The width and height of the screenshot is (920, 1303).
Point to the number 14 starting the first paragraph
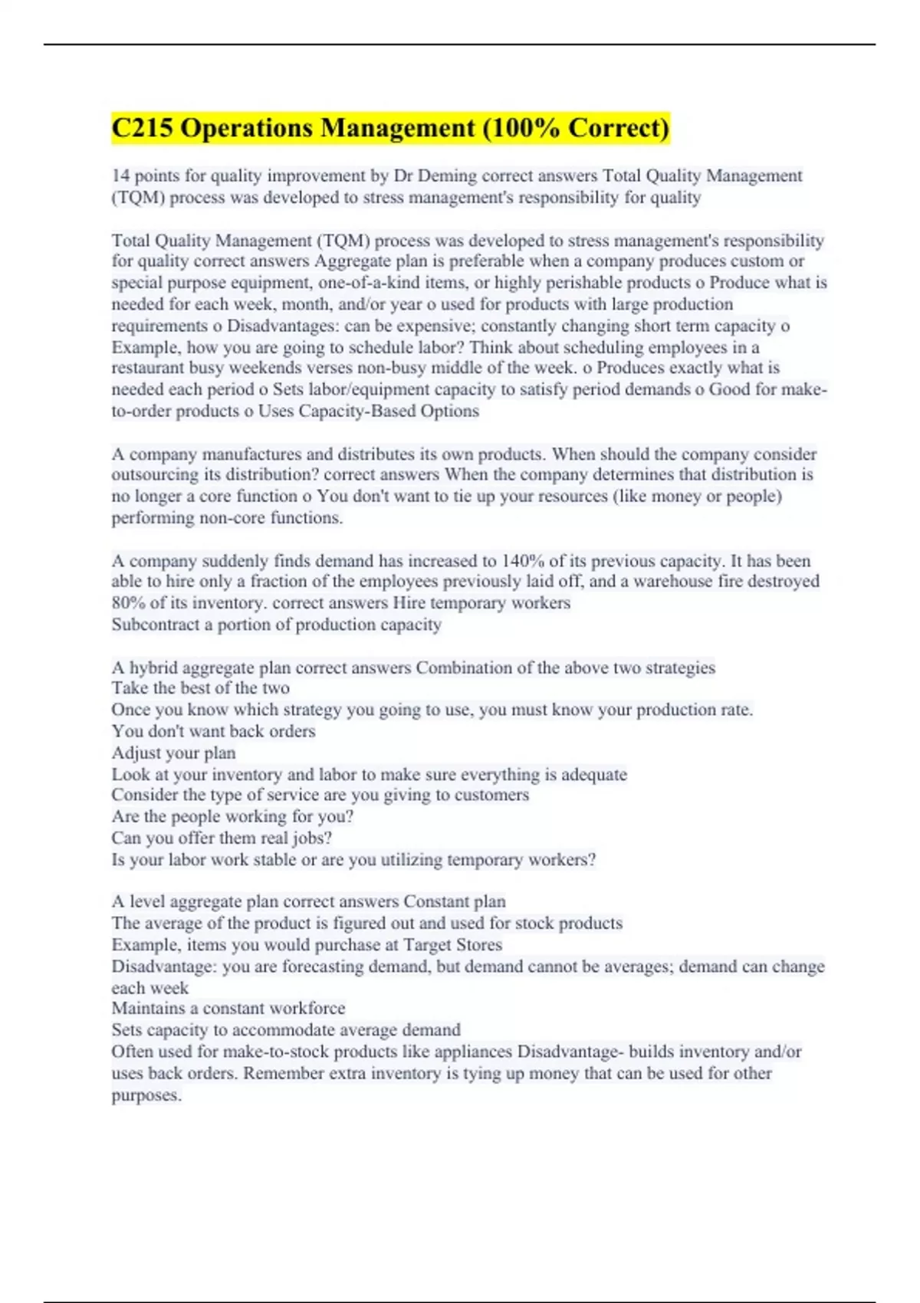tap(120, 176)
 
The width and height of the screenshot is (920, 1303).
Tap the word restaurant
tap(149, 368)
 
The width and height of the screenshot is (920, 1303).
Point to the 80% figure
tap(128, 603)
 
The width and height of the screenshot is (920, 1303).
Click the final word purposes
tap(146, 1095)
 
